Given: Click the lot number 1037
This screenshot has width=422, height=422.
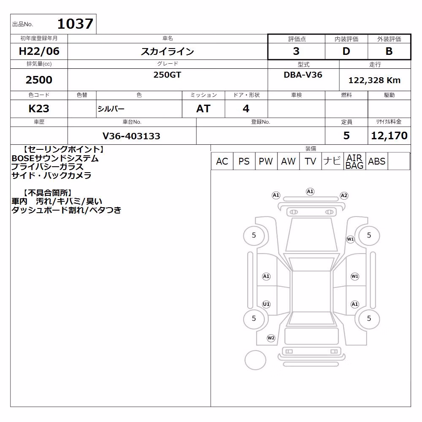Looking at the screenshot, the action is coord(75,24).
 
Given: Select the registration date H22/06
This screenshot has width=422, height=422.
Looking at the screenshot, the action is coord(39,51).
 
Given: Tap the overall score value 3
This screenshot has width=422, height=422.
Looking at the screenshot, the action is coord(296,51).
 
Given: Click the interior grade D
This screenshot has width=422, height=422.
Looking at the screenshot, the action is coord(346,51).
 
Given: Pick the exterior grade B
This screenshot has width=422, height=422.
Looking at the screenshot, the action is coord(389,51).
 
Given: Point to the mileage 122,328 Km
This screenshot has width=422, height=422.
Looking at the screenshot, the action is coord(374,80).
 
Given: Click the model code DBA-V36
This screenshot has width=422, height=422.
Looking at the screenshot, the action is coord(303,75).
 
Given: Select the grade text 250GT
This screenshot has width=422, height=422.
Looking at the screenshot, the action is coord(167,75).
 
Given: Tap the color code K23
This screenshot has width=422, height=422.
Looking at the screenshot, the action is coord(39,108).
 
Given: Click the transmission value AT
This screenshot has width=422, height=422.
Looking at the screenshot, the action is coord(203,108).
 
